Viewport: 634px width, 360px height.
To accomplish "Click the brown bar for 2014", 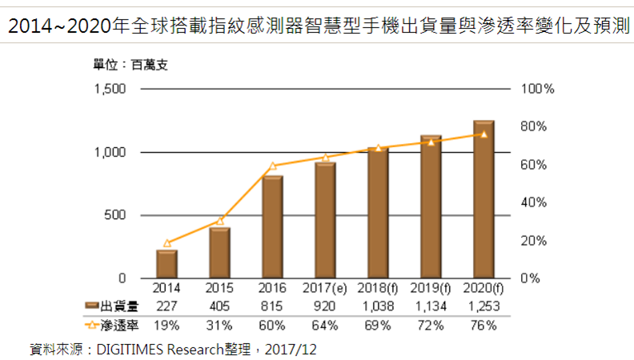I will click(x=167, y=264).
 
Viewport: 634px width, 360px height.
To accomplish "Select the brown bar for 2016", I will click(x=272, y=227).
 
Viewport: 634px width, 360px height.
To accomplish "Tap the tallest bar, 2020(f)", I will click(x=484, y=200).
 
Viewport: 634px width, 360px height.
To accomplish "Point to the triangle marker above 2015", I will click(x=220, y=220).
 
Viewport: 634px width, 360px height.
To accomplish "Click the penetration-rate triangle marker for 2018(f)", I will click(x=378, y=148).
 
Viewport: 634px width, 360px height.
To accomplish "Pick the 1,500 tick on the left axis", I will click(x=110, y=89).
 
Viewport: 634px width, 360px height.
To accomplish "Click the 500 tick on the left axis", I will click(x=117, y=215).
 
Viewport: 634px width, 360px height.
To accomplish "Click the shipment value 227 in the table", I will click(x=167, y=306).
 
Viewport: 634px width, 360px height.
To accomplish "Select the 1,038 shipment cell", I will click(x=378, y=306).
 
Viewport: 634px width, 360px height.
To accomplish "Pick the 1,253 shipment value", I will click(x=484, y=306).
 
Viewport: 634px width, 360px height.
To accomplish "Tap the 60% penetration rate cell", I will click(x=272, y=325).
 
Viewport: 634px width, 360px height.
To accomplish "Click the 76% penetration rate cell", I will click(x=484, y=325).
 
